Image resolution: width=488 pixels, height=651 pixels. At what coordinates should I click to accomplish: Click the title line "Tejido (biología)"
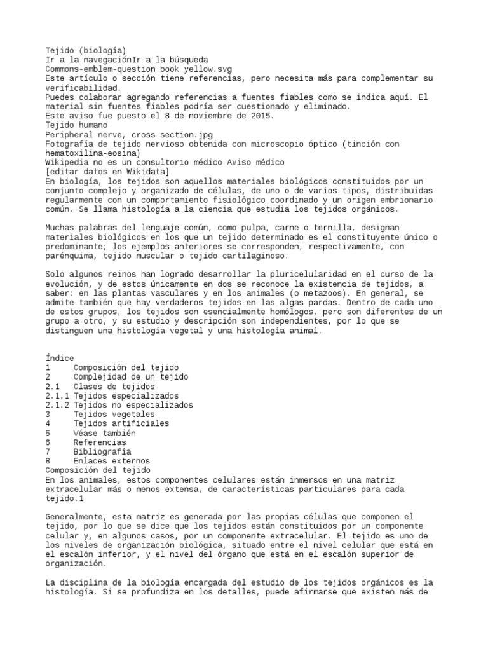pos(86,50)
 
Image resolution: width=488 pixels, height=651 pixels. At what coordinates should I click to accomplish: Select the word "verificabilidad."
pos(83,88)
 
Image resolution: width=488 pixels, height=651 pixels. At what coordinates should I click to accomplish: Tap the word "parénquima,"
pos(72,256)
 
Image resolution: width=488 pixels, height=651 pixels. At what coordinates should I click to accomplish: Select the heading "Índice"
pos(60,359)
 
